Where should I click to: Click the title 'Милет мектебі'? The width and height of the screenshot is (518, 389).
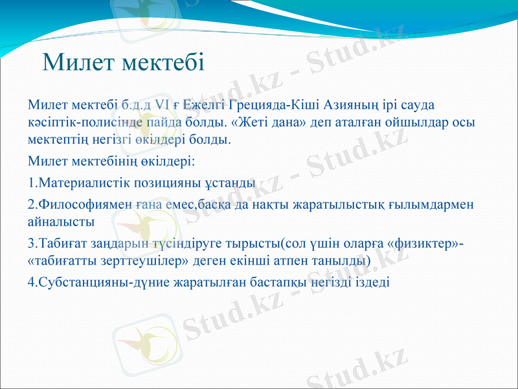[123, 62]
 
